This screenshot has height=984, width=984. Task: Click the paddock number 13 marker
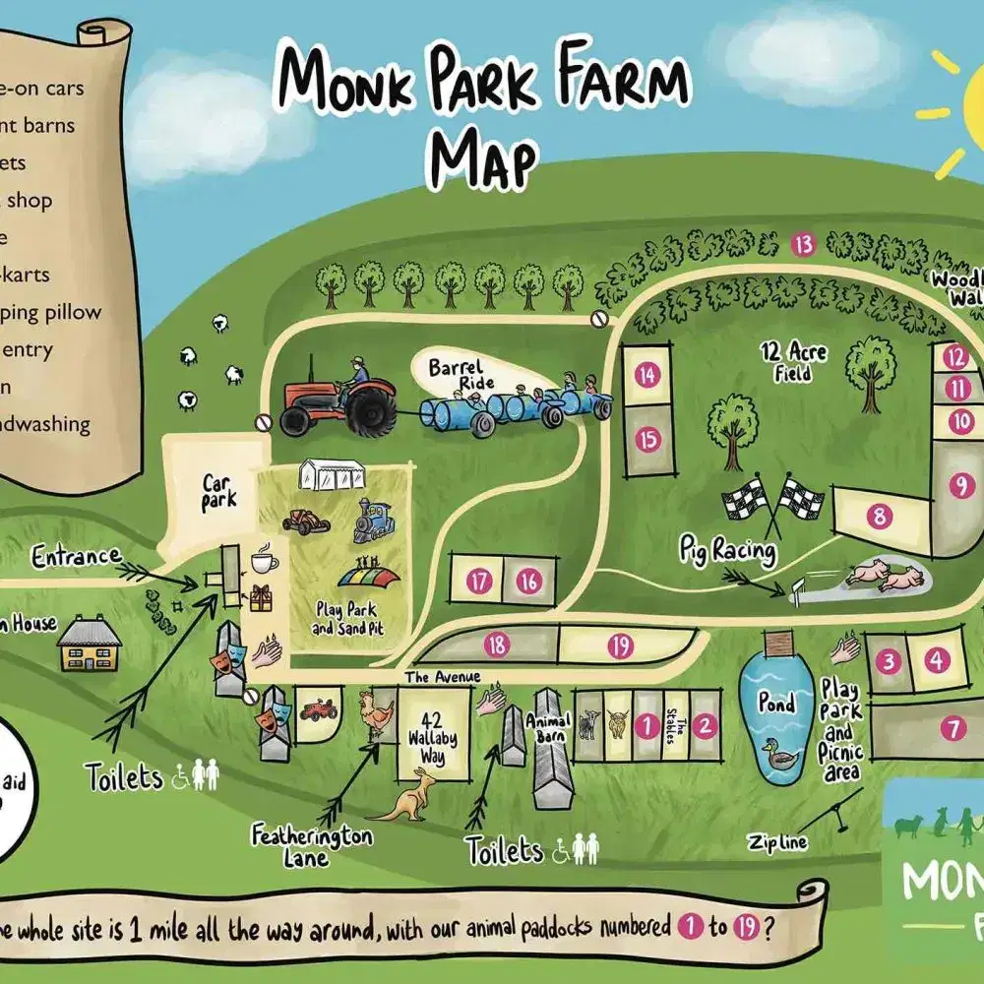[x=805, y=244]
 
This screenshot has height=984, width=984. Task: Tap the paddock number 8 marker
[x=878, y=514]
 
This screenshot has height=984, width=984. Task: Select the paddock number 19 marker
[x=619, y=646]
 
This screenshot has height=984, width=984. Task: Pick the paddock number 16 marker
[x=529, y=581]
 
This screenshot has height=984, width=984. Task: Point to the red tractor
[x=338, y=399]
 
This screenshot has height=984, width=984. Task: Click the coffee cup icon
[x=264, y=561]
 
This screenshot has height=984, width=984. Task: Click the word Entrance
[x=75, y=557]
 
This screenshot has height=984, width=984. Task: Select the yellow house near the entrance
[x=90, y=645]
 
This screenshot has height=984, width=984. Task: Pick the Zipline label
[x=776, y=841]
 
